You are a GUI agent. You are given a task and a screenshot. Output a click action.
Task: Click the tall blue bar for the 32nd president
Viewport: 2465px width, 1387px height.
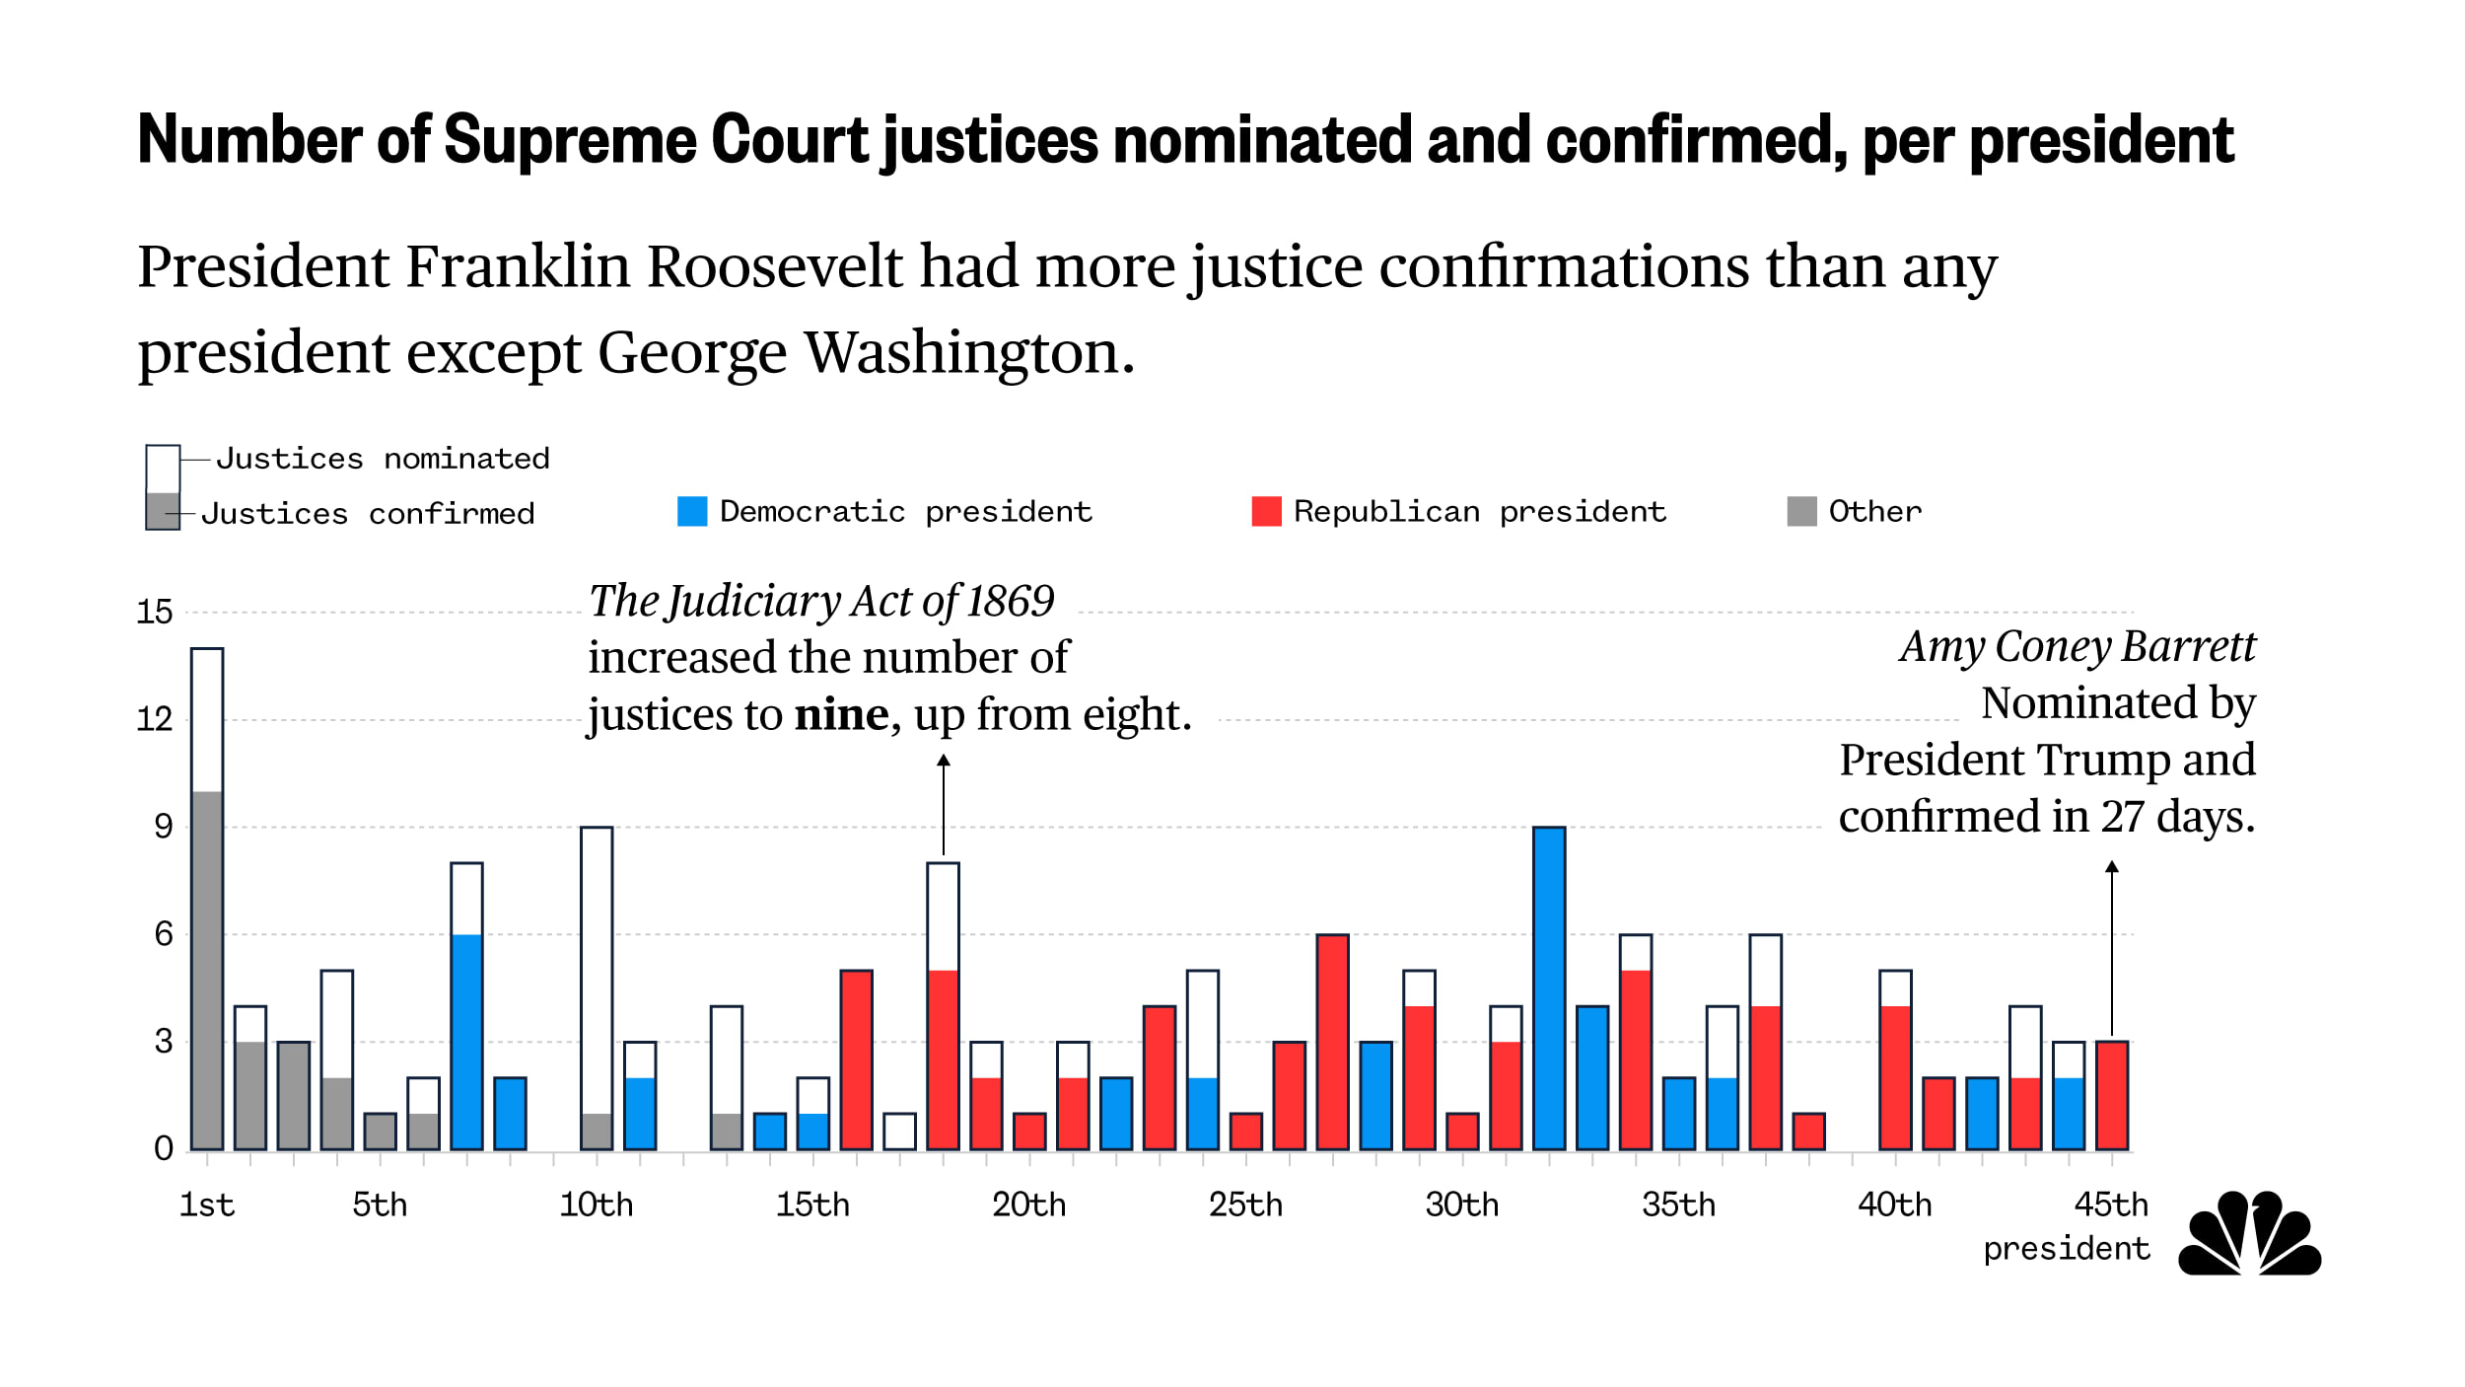1549,987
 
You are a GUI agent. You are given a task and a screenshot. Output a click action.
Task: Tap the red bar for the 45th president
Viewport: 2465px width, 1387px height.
2112,1095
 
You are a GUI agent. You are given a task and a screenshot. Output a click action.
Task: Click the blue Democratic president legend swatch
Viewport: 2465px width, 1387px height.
692,511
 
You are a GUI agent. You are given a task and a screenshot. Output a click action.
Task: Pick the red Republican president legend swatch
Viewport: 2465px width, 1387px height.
1266,511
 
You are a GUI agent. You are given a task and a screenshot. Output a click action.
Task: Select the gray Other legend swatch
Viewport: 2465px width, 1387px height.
1801,511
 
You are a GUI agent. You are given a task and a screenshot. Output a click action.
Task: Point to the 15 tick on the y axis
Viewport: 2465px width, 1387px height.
155,612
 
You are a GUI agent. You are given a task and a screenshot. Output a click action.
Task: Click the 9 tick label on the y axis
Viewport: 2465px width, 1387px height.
164,827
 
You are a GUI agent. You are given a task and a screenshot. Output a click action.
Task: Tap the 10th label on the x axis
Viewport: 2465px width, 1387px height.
597,1204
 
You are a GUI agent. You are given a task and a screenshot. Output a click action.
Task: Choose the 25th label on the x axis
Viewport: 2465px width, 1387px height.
1245,1204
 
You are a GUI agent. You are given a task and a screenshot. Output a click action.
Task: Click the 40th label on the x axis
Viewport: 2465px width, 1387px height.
1894,1204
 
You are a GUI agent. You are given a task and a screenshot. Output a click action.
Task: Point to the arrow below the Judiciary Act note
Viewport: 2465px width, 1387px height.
944,804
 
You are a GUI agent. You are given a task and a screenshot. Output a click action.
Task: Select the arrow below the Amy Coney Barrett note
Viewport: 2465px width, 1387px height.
2112,947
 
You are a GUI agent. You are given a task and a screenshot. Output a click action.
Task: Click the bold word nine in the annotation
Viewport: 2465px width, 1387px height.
841,714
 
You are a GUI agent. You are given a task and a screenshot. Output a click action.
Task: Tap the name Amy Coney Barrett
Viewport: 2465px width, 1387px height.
2077,647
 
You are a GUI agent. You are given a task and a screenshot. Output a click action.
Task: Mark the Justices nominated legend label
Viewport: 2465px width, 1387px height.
383,459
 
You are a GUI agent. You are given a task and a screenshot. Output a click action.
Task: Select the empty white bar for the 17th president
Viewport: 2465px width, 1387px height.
899,1131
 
